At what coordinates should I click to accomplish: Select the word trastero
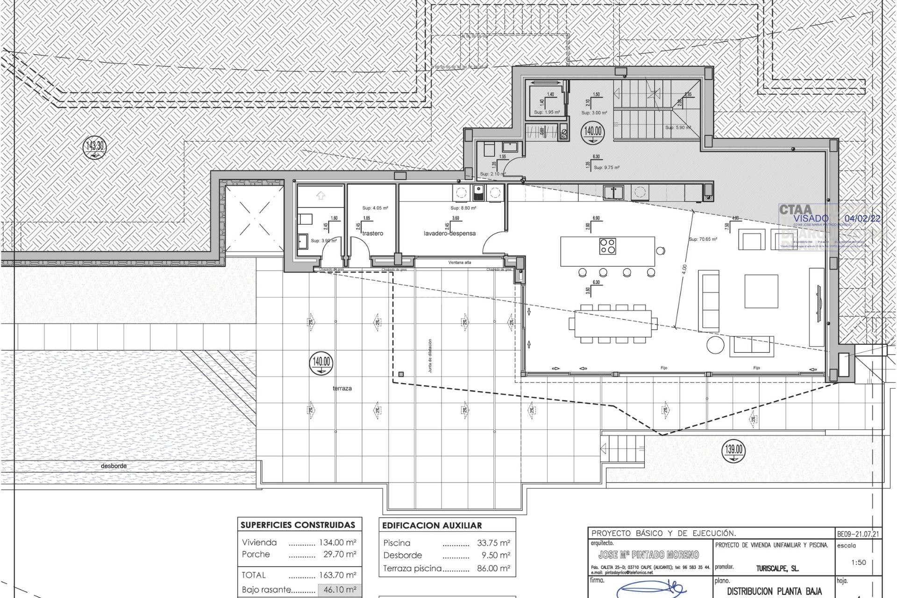pyautogui.click(x=372, y=233)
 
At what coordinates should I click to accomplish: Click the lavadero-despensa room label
pyautogui.click(x=449, y=233)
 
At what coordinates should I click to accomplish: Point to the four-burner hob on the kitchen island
pyautogui.click(x=608, y=246)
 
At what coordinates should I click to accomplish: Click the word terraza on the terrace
pyautogui.click(x=342, y=388)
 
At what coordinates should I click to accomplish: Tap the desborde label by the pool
pyautogui.click(x=114, y=466)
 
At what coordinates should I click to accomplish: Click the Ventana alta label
pyautogui.click(x=460, y=263)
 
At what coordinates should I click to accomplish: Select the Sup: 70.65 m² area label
pyautogui.click(x=703, y=239)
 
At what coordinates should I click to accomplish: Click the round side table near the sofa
pyautogui.click(x=715, y=345)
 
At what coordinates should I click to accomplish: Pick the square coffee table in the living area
pyautogui.click(x=761, y=291)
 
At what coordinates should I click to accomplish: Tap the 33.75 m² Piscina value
pyautogui.click(x=493, y=543)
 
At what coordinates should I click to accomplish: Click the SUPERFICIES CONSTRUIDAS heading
pyautogui.click(x=298, y=525)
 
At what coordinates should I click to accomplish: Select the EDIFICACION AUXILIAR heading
pyautogui.click(x=432, y=526)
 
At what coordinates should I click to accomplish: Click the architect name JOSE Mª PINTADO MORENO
pyautogui.click(x=648, y=555)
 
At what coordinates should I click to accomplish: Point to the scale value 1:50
pyautogui.click(x=858, y=562)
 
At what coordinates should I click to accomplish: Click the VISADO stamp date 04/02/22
pyautogui.click(x=862, y=218)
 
